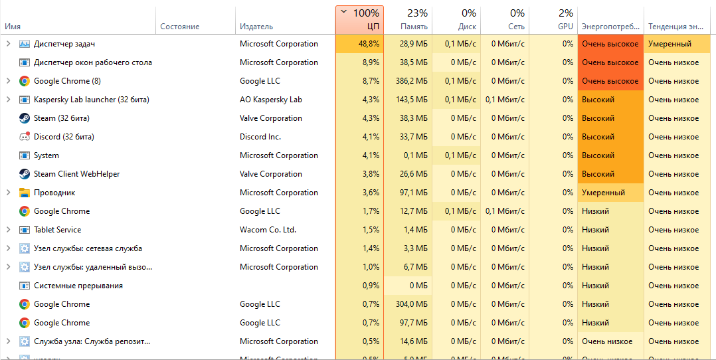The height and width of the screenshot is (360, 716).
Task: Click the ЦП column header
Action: coord(359,20)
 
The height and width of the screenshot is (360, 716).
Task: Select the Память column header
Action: coord(407,20)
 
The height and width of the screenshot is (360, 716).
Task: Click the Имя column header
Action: coord(13,27)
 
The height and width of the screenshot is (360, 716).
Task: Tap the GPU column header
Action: coord(554,20)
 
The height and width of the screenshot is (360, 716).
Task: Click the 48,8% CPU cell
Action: coord(359,44)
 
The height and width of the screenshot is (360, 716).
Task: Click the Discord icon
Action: coord(25,137)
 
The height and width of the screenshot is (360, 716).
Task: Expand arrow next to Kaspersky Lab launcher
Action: coord(8,100)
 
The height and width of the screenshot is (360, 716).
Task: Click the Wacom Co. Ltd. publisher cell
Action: coord(268,230)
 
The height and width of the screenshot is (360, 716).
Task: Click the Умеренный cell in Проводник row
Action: coord(603,193)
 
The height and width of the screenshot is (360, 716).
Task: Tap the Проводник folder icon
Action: coord(25,193)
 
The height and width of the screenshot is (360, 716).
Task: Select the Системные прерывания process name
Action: coord(78,286)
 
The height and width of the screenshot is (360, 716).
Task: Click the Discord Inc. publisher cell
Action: coord(260,137)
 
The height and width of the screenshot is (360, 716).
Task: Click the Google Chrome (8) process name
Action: coord(67,81)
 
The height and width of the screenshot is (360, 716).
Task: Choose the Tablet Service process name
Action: coord(58,230)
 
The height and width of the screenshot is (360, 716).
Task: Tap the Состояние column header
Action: coord(179,27)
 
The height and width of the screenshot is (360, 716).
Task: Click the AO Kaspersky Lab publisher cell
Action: coord(271,100)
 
